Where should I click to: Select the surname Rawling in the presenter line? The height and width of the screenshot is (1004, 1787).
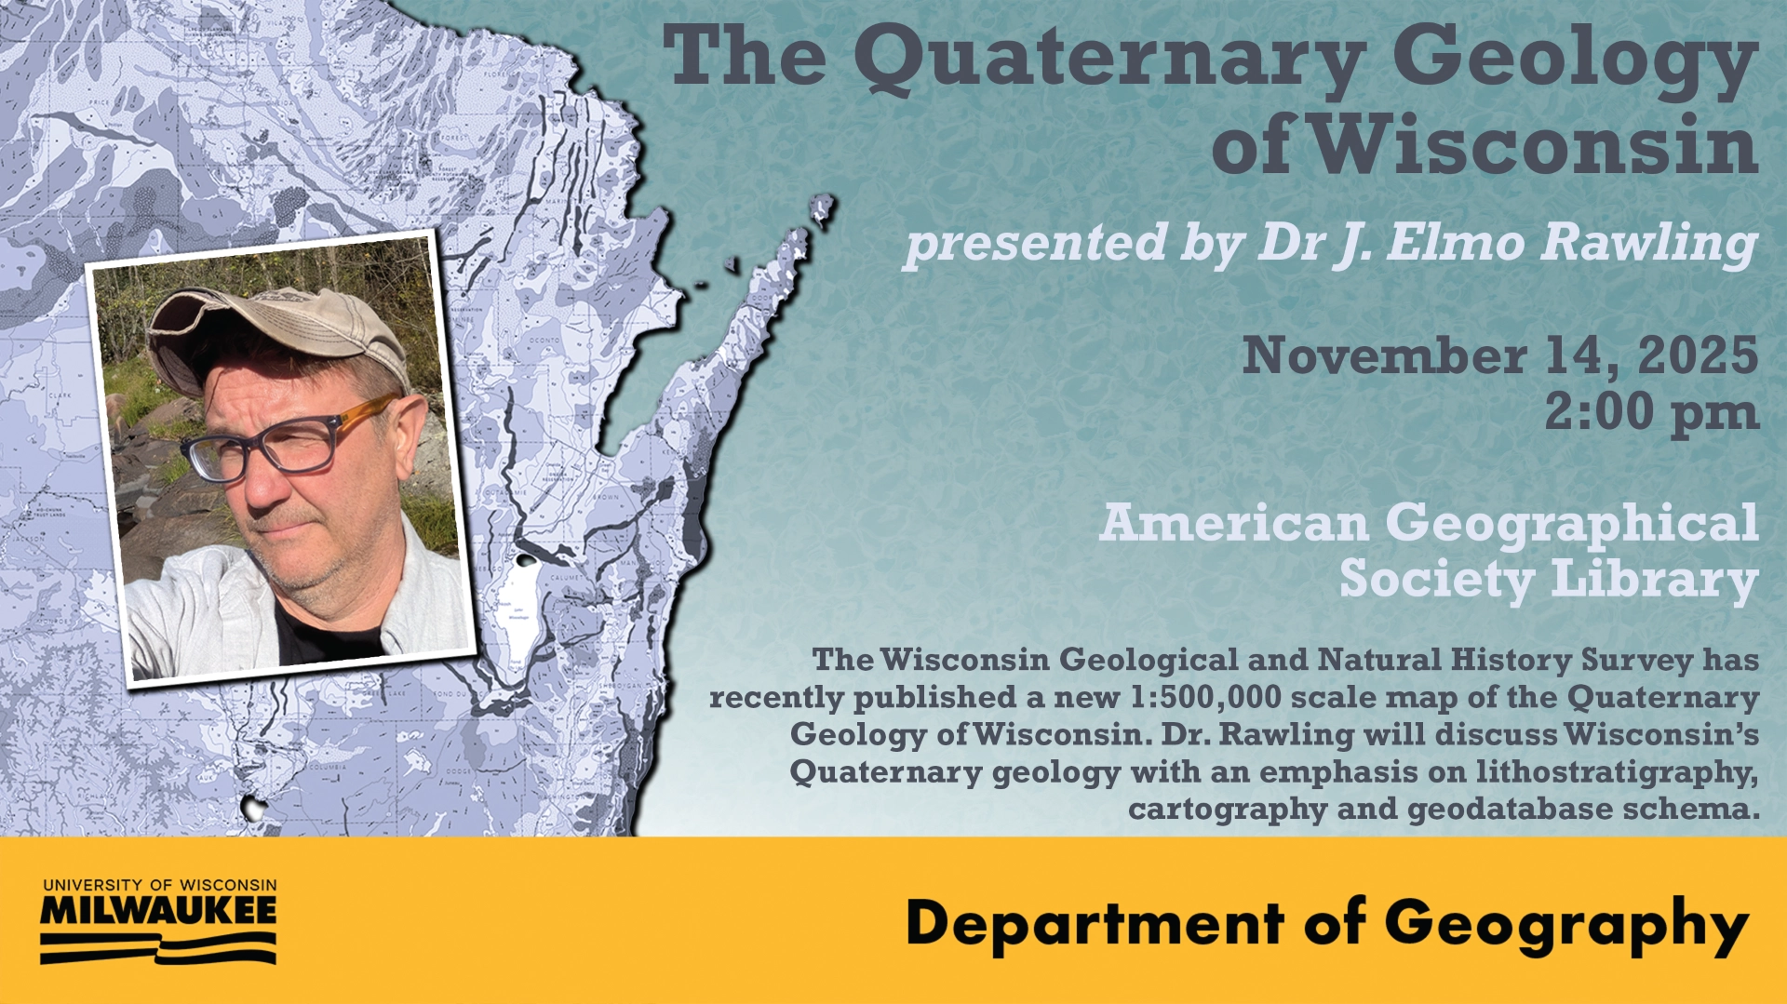pyautogui.click(x=1648, y=242)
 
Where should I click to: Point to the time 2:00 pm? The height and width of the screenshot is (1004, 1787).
pyautogui.click(x=1651, y=412)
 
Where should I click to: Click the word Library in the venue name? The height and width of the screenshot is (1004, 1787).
pyautogui.click(x=1654, y=579)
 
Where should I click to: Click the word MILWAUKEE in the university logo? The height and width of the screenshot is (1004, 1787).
pyautogui.click(x=158, y=911)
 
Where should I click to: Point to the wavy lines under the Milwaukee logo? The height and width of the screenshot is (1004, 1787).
pyautogui.click(x=158, y=948)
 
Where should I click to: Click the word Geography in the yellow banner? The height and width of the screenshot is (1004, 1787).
pyautogui.click(x=1566, y=925)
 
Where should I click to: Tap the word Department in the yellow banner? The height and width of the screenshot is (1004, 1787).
pyautogui.click(x=1095, y=924)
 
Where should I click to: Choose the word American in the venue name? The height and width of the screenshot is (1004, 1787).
pyautogui.click(x=1233, y=523)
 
